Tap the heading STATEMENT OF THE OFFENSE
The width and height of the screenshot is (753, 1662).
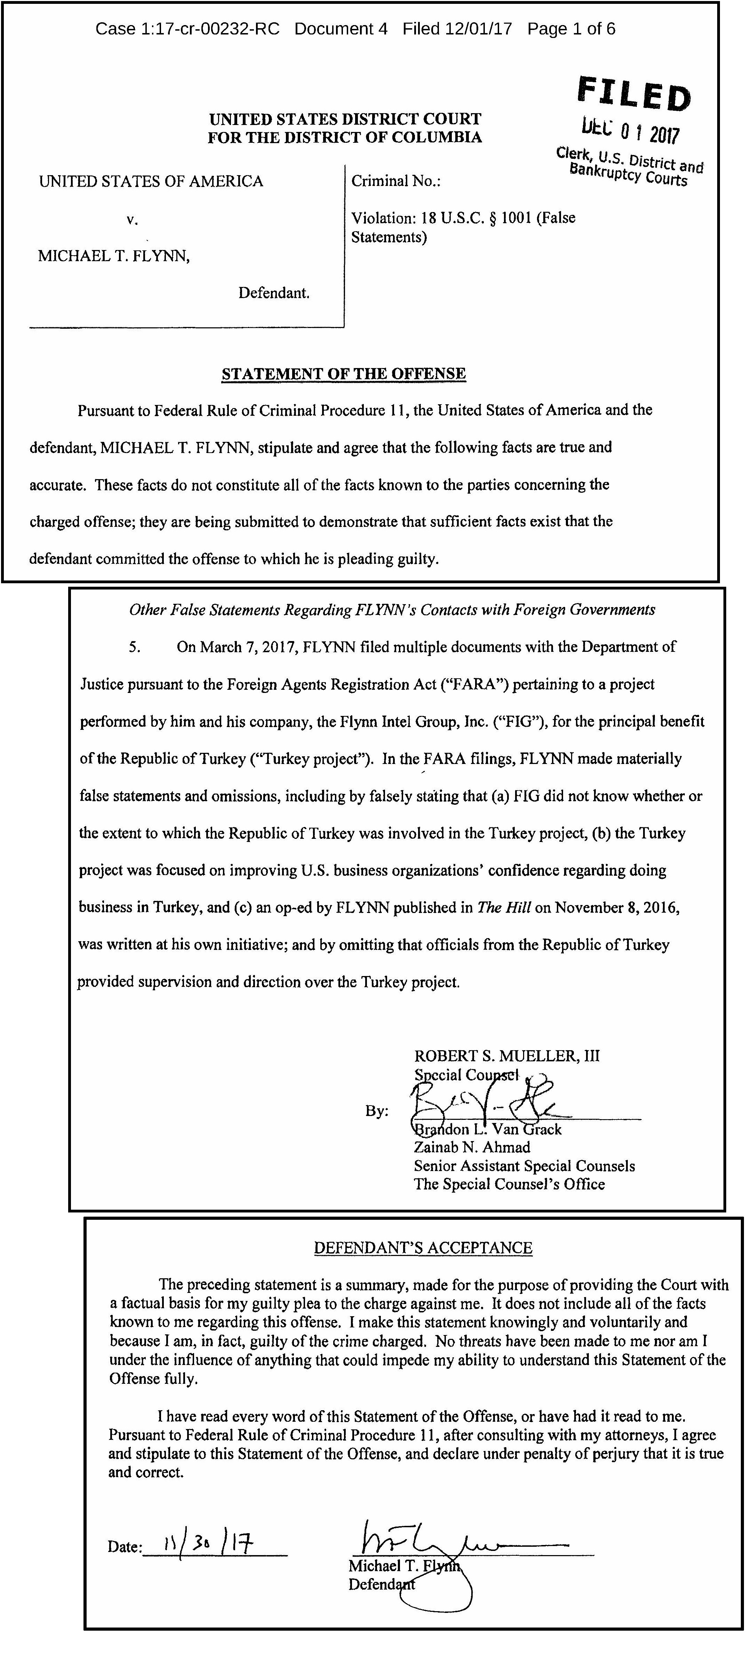(x=344, y=374)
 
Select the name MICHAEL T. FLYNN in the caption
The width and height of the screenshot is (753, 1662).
(x=113, y=256)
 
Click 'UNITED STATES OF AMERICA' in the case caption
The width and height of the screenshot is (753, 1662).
(x=151, y=181)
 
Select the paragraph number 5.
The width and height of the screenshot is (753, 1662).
(x=135, y=647)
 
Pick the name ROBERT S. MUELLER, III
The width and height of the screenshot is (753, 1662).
(x=507, y=1056)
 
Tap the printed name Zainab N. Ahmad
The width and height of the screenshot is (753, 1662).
(x=472, y=1148)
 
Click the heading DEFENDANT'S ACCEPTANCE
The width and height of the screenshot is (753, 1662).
(x=423, y=1248)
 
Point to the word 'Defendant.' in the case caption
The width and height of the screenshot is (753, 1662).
(x=274, y=294)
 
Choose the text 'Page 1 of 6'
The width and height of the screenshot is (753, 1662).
(x=571, y=29)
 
